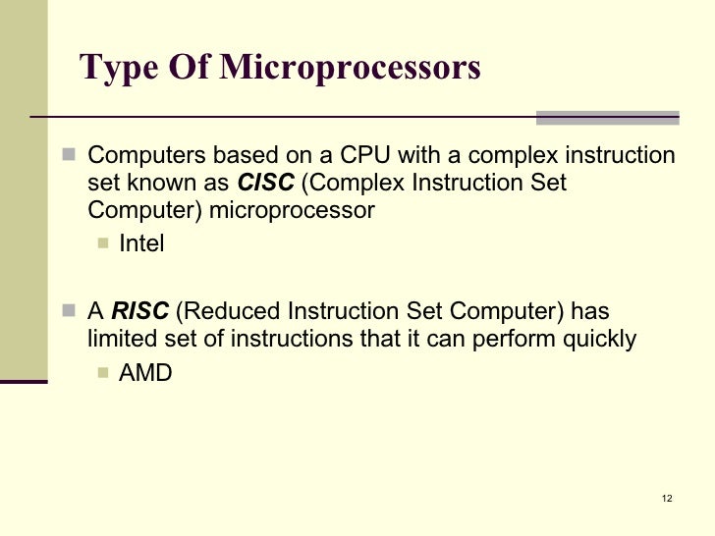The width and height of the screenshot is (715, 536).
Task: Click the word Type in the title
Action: [x=115, y=68]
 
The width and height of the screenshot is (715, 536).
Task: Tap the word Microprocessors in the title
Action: [x=351, y=68]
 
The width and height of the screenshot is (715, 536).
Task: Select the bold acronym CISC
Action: [x=266, y=184]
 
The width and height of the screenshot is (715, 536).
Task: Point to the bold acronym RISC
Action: [x=140, y=312]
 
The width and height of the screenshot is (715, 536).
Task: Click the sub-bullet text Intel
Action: [x=141, y=243]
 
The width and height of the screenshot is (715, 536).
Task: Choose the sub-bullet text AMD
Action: [x=145, y=372]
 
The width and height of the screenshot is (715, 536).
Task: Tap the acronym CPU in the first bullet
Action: [x=364, y=156]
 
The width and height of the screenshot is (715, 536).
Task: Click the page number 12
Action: [x=667, y=500]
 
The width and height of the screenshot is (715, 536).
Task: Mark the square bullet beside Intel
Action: [x=103, y=243]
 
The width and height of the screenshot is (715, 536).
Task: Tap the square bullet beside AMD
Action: [x=103, y=372]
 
